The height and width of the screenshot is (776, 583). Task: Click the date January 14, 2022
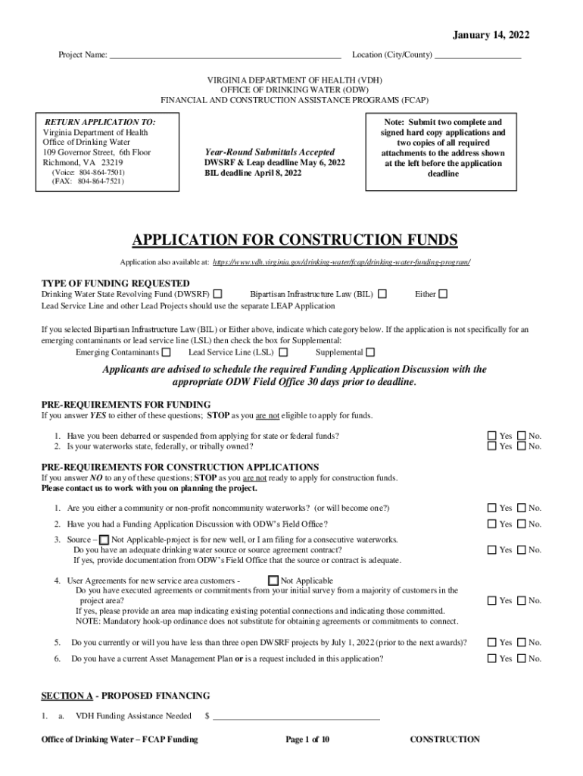coord(491,35)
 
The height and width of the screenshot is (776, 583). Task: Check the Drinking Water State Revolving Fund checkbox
coord(218,293)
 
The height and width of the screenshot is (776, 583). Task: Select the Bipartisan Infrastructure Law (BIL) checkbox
coord(382,293)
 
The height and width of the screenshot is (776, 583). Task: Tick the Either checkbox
coord(443,293)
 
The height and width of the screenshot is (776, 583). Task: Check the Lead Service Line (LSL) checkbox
coord(283,352)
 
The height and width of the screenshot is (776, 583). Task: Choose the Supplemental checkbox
coord(370,352)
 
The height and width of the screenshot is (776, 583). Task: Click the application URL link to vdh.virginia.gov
coord(341,261)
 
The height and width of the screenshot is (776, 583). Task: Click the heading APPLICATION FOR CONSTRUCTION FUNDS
coord(295,240)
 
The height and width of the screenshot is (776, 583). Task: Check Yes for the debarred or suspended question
coord(491,436)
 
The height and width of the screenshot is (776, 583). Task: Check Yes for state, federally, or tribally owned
coord(491,446)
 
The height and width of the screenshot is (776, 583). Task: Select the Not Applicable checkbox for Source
coord(104,539)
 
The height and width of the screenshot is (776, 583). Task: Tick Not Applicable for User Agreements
coord(273,581)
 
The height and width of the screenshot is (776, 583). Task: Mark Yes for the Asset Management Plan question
coord(491,659)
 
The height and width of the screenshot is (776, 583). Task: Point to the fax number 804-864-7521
coord(88,182)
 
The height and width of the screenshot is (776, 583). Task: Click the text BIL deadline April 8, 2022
coord(253,173)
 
